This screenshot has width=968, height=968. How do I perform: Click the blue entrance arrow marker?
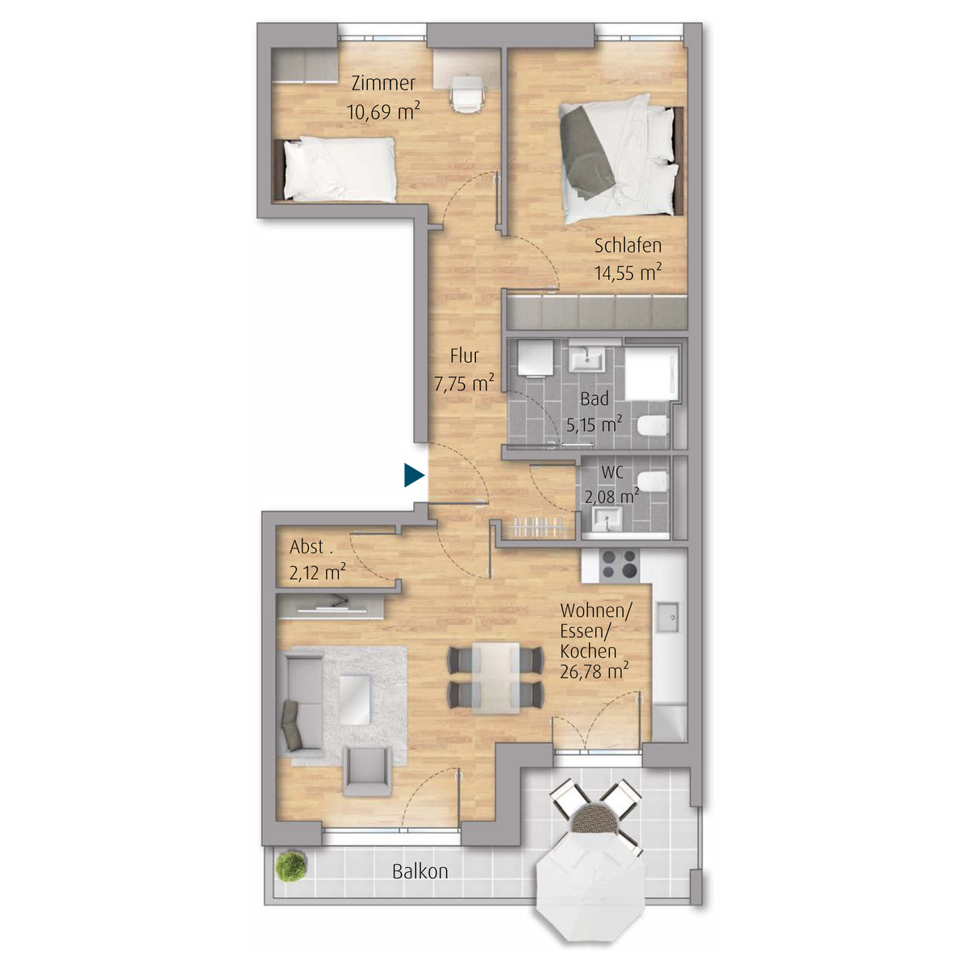coord(414,475)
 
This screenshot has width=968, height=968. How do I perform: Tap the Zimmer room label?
coord(383,83)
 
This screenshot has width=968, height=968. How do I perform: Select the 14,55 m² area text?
coord(628,272)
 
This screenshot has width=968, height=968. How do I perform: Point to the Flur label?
coord(464,356)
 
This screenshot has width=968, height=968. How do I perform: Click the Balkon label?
coord(420,871)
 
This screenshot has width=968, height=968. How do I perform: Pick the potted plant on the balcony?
coord(291,866)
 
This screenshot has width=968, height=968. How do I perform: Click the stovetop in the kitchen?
coord(620,564)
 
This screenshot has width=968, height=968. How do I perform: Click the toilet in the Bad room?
coord(653,427)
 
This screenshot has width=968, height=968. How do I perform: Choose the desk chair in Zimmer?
coord(468,93)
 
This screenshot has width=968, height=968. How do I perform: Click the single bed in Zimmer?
coord(335,169)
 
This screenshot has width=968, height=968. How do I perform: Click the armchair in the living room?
coord(367,772)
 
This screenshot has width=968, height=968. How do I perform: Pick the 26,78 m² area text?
coord(594,671)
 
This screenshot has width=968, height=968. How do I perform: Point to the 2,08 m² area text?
coord(611,496)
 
